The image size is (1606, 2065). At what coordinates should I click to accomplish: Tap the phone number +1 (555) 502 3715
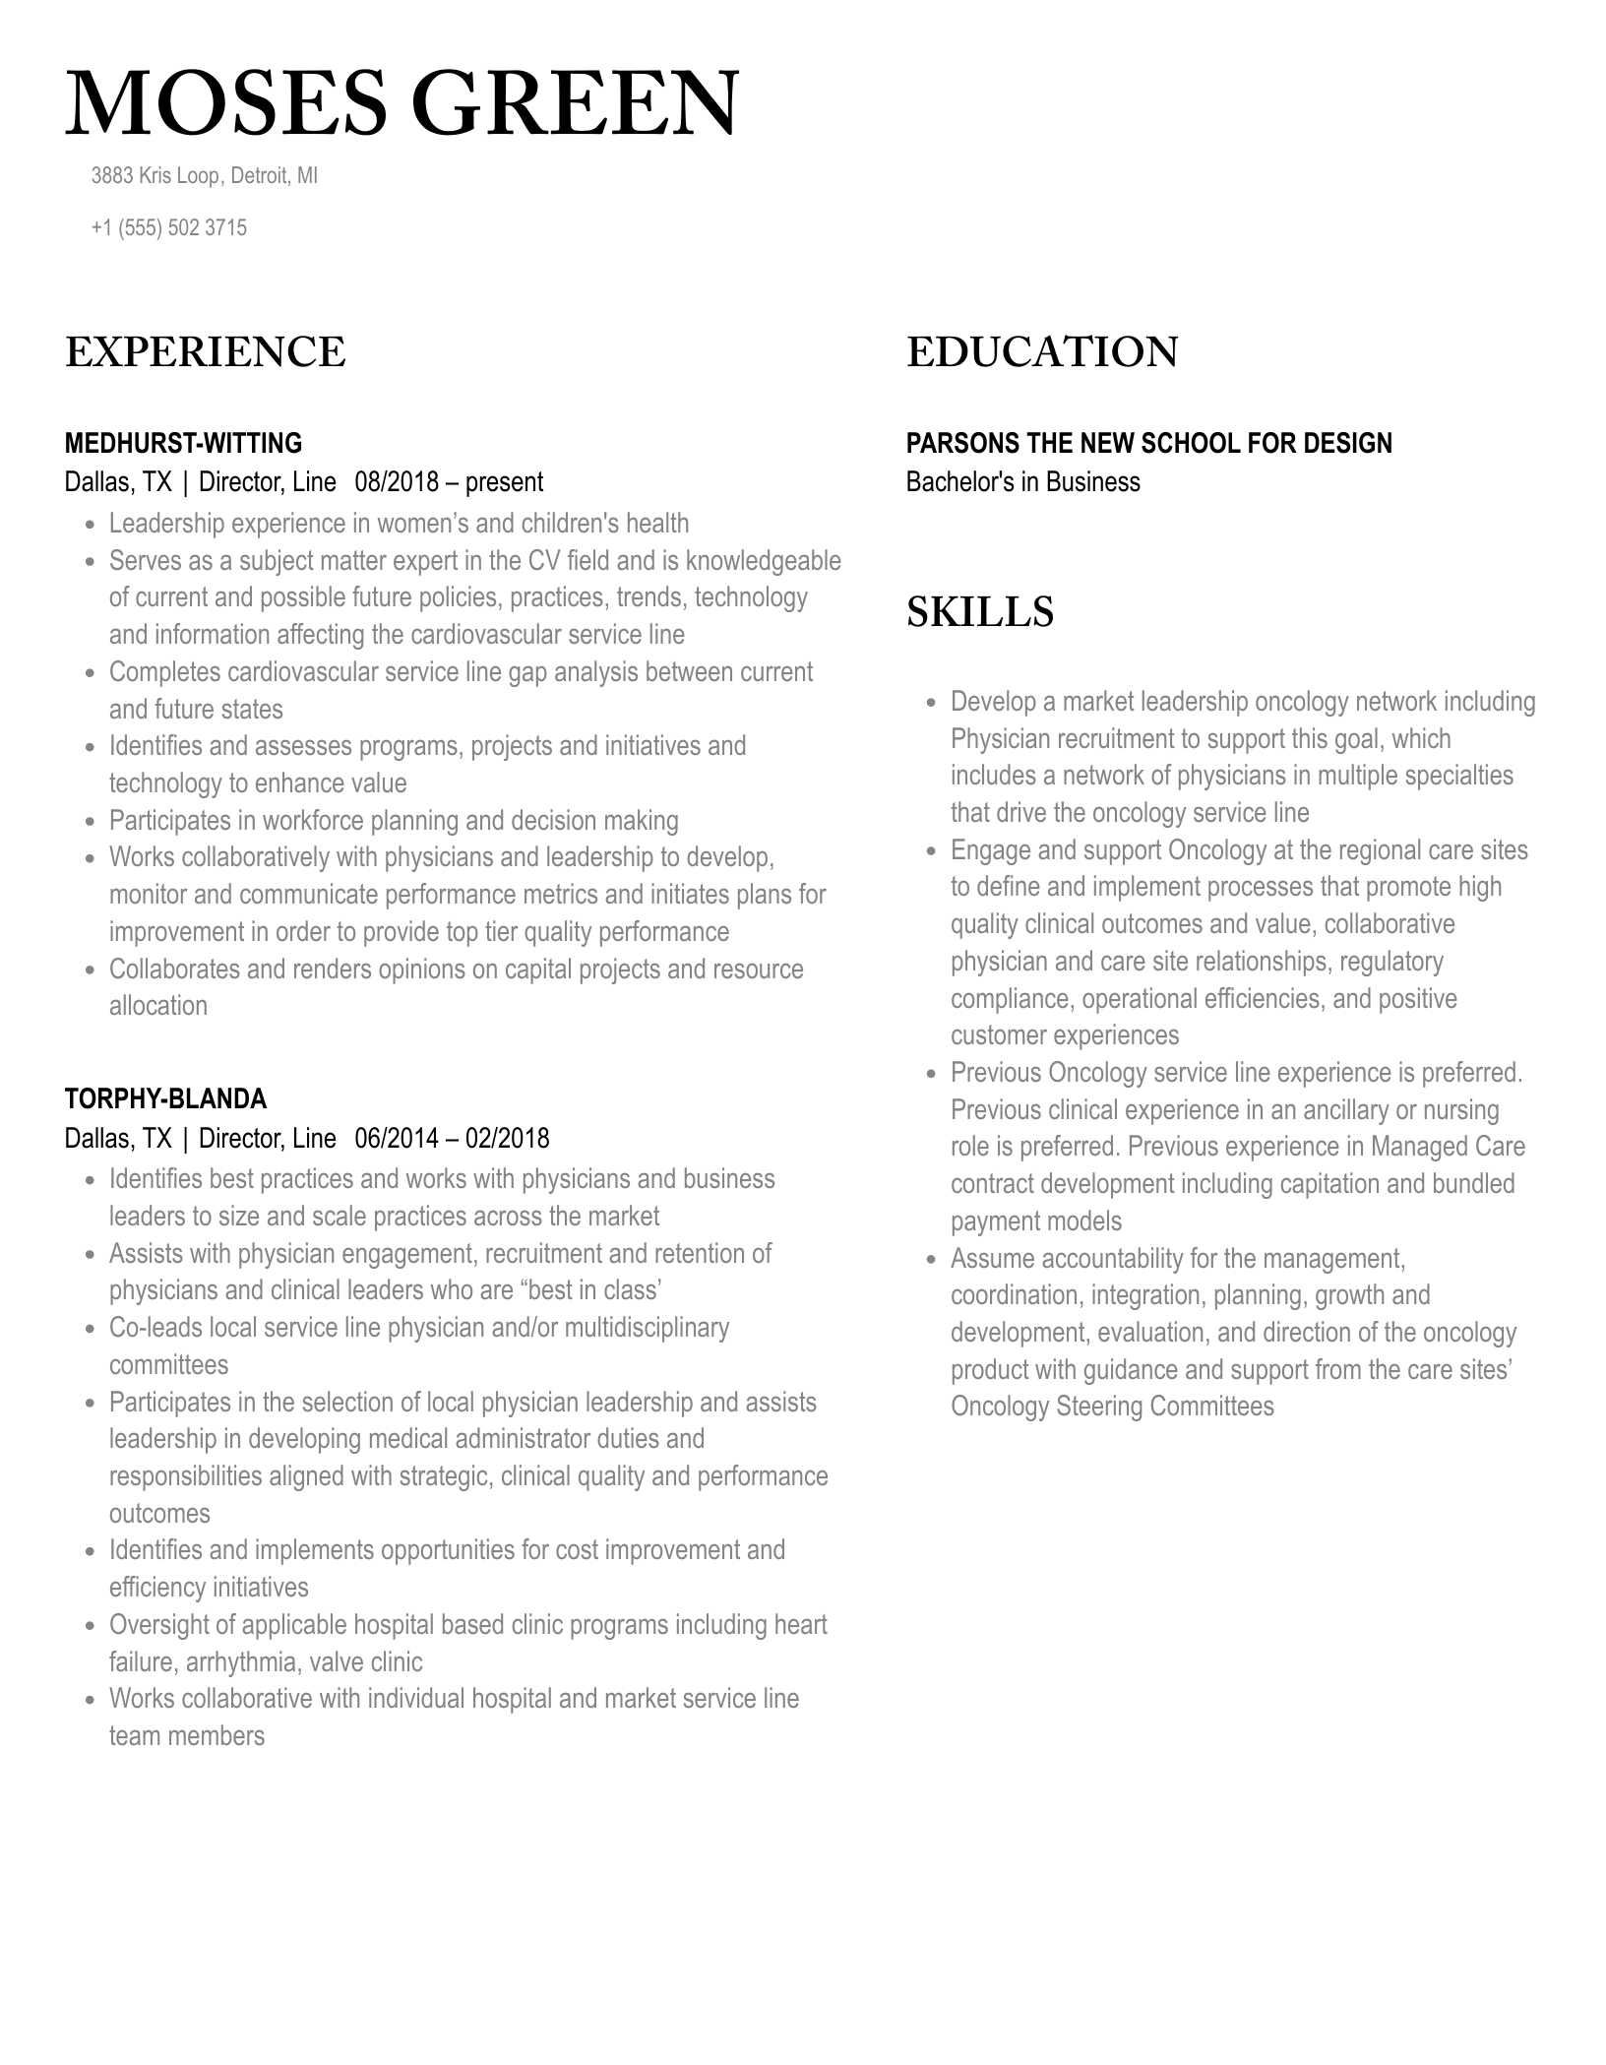168,228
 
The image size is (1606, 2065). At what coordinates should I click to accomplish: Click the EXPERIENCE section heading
205,352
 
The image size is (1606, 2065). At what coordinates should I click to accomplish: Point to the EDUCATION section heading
1042,352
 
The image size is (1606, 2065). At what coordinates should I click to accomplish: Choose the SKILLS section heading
980,612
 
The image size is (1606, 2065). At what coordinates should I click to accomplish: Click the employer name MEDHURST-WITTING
183,443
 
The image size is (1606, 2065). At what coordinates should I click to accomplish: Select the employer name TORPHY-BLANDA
165,1099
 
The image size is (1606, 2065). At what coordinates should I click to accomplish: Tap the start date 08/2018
394,482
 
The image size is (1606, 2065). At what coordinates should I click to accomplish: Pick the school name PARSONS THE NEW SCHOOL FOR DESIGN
1148,443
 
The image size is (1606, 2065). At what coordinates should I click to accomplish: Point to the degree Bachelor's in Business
1022,482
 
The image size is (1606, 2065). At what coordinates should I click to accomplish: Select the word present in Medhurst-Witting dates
504,482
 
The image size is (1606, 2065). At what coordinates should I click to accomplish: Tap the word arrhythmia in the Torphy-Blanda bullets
240,1662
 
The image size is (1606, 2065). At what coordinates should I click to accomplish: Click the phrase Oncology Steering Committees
1112,1407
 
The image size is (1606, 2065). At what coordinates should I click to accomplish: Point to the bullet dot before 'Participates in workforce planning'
90,822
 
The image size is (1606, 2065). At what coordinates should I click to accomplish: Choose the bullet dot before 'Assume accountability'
931,1260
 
